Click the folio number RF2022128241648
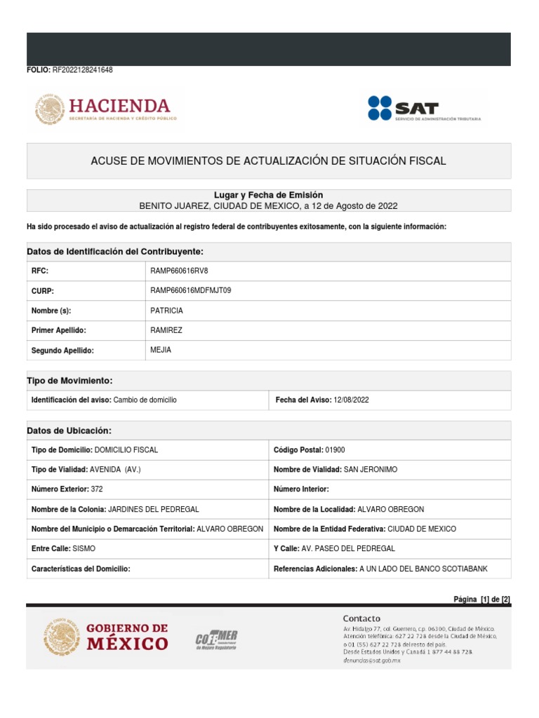click(x=82, y=70)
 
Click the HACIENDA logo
click(x=103, y=110)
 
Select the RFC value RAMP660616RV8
click(x=179, y=271)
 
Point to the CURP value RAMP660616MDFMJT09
click(x=190, y=291)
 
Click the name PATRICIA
click(x=166, y=311)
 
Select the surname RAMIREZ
click(x=166, y=330)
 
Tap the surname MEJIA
click(x=161, y=350)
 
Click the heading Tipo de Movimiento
click(x=69, y=380)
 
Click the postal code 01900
click(x=335, y=449)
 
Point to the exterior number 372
click(x=96, y=489)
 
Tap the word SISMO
click(x=84, y=548)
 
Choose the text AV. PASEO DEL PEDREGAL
click(x=347, y=548)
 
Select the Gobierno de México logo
click(x=105, y=637)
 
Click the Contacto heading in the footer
click(x=361, y=618)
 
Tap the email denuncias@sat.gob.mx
click(x=371, y=661)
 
